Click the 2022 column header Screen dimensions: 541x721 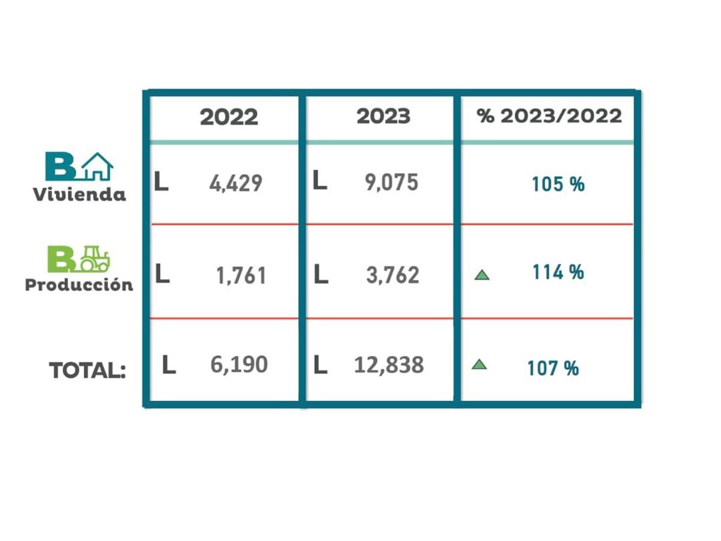click(229, 117)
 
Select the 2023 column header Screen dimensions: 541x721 click(383, 116)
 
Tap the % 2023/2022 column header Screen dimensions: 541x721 click(549, 116)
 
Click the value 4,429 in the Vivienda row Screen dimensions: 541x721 click(236, 183)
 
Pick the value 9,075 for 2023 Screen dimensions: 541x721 click(391, 183)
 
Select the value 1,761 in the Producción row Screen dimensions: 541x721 click(240, 276)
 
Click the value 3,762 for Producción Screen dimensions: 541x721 click(392, 275)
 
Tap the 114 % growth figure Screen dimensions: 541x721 click(558, 273)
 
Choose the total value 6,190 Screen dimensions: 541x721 click(239, 365)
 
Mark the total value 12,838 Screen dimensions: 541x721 click(389, 365)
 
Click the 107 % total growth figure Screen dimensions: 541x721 click(553, 368)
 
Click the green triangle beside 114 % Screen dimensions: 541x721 click(481, 275)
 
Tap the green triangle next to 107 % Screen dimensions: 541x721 click(479, 364)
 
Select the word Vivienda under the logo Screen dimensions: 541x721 click(79, 195)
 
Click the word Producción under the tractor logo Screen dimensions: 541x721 click(79, 285)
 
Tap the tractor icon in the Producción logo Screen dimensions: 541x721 click(94, 258)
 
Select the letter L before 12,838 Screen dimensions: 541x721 click(321, 365)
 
